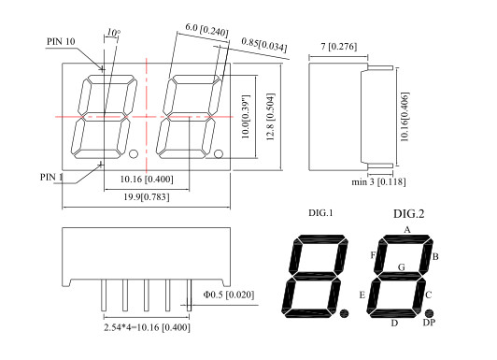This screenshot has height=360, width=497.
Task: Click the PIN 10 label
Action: pos(62,42)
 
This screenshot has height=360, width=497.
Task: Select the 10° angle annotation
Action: pos(113,33)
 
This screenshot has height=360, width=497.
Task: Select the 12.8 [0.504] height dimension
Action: pos(272,118)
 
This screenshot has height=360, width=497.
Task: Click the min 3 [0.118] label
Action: pos(372,183)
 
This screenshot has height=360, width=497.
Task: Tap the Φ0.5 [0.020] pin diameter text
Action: pos(227,296)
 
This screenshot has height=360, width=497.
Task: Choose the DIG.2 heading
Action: pos(408,214)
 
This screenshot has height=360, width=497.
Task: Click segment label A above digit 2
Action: pos(406,229)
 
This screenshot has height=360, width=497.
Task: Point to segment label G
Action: pos(402,266)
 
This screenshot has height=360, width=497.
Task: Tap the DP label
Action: pos(429,323)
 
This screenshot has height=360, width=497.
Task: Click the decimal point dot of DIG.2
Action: pos(429,311)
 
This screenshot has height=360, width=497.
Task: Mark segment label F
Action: pos(373,254)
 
